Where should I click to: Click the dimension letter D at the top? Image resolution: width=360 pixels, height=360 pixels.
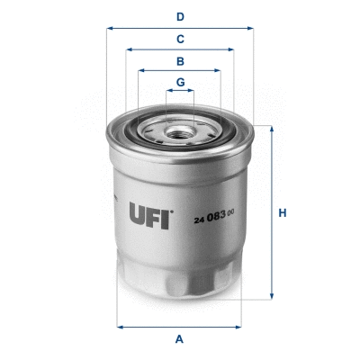click(180, 15)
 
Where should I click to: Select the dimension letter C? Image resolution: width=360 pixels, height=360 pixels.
click(180, 39)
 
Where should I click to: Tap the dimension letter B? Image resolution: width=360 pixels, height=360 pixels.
click(180, 61)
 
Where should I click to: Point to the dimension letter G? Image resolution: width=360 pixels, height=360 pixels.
click(180, 82)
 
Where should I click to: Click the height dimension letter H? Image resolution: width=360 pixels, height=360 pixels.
click(282, 213)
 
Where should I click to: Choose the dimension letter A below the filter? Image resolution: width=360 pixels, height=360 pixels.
click(180, 338)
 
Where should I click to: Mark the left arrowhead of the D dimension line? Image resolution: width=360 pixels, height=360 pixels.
click(110, 28)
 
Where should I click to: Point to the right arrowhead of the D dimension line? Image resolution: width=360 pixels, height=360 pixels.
click(251, 28)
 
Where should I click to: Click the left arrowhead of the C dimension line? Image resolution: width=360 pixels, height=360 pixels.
click(128, 50)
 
